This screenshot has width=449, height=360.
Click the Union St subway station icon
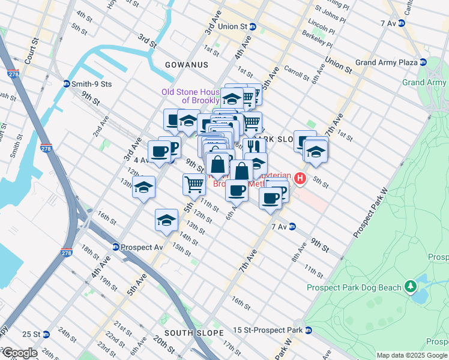click(x=253, y=27)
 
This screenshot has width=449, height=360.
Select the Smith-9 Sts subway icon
click(x=67, y=83)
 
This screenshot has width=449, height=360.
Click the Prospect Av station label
click(x=142, y=247)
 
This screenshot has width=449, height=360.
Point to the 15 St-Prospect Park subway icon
click(x=309, y=330)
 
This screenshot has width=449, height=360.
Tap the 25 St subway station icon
click(x=46, y=334)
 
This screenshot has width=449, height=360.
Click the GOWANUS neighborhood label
click(x=188, y=65)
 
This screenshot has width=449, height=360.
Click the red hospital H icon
click(x=300, y=178)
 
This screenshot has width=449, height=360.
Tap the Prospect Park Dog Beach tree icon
click(x=411, y=287)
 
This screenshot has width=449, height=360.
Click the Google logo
click(x=19, y=353)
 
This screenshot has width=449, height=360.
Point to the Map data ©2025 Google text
click(x=412, y=355)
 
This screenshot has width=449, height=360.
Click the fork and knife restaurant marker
click(x=254, y=147)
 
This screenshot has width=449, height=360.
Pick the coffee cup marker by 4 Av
click(x=159, y=152)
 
